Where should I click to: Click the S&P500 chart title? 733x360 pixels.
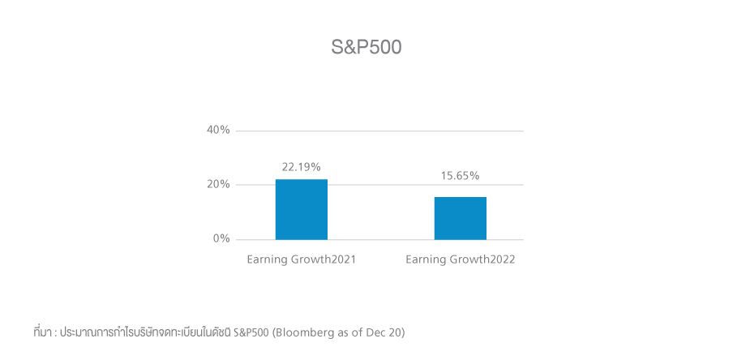pyautogui.click(x=366, y=47)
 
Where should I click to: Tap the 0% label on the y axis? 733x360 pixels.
pyautogui.click(x=222, y=239)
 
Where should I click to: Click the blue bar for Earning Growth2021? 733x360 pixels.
pyautogui.click(x=302, y=209)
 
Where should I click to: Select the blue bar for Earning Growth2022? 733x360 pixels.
pyautogui.click(x=461, y=218)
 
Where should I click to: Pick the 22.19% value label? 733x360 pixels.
pyautogui.click(x=302, y=167)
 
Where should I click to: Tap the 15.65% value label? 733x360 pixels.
pyautogui.click(x=461, y=175)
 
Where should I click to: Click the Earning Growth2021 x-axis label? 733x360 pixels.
pyautogui.click(x=302, y=259)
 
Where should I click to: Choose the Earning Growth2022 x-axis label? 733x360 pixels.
pyautogui.click(x=461, y=259)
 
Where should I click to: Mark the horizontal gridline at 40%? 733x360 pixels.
pyautogui.click(x=381, y=131)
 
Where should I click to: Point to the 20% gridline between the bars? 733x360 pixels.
pyautogui.click(x=381, y=185)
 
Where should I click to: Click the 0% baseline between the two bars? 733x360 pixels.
pyautogui.click(x=381, y=239)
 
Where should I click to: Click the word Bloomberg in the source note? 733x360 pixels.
pyautogui.click(x=302, y=332)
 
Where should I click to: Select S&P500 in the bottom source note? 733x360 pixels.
pyautogui.click(x=251, y=332)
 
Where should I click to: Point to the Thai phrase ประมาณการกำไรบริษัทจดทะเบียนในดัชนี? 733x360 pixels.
pyautogui.click(x=146, y=332)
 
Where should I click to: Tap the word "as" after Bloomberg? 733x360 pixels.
pyautogui.click(x=341, y=332)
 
